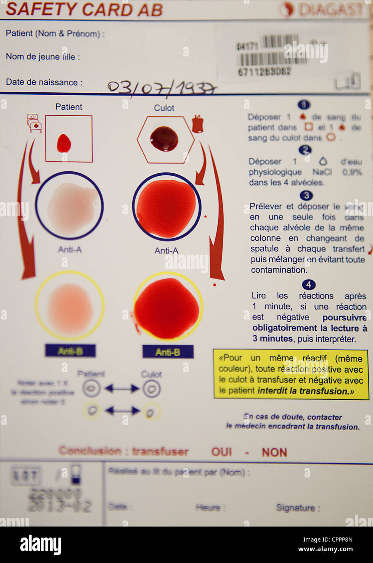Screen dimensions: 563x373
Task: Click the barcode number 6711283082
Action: [264, 72]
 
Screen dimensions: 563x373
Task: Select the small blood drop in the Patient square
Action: [64, 143]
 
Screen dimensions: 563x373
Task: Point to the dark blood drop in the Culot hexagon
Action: [164, 139]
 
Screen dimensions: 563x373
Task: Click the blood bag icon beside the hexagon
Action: [197, 124]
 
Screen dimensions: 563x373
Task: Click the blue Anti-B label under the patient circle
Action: [70, 351]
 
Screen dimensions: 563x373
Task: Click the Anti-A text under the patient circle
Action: [70, 250]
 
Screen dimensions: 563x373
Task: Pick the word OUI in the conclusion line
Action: [222, 452]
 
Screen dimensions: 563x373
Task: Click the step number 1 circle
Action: [304, 105]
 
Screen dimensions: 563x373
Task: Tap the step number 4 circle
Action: [308, 285]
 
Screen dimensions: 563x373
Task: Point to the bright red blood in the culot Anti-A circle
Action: [166, 208]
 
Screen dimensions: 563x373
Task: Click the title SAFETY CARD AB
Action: [84, 9]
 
